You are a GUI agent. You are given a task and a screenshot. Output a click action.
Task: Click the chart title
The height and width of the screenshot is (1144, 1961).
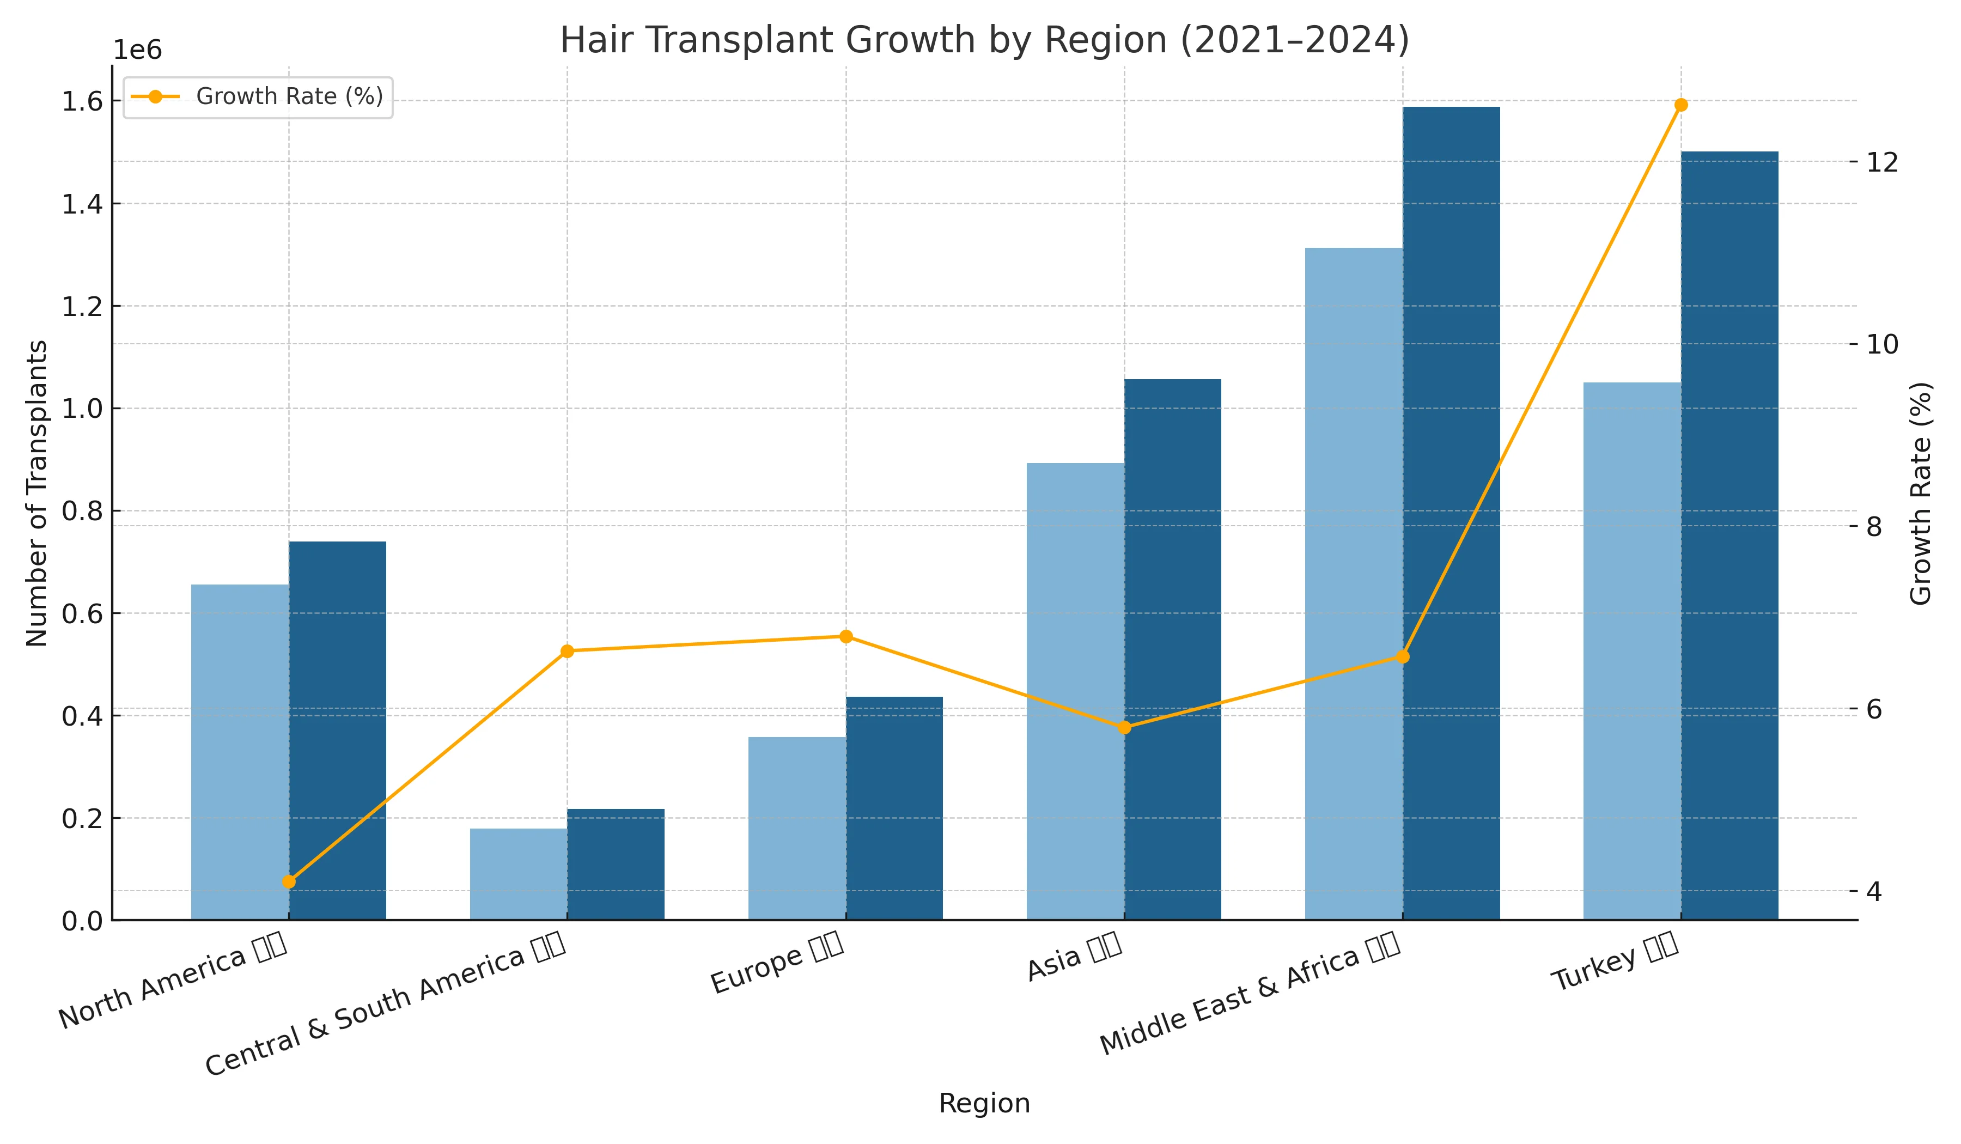[984, 40]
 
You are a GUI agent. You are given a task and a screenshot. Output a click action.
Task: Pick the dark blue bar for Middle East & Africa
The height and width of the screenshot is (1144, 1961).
[1451, 514]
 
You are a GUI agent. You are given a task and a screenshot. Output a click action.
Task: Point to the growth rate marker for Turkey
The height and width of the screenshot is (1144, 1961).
[1681, 105]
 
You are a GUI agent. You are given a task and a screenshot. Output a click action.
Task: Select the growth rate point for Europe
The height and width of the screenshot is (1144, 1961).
[846, 637]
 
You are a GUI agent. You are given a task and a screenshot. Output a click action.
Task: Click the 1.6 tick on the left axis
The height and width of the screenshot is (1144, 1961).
[82, 101]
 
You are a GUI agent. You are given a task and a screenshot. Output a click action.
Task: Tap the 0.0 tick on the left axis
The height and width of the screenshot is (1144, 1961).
[82, 921]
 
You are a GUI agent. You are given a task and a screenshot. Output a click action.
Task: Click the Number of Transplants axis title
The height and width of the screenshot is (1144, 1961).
[36, 494]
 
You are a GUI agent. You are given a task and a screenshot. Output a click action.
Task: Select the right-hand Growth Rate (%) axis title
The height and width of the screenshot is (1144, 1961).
[1921, 494]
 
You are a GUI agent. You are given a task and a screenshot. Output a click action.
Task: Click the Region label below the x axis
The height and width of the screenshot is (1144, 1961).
[984, 1104]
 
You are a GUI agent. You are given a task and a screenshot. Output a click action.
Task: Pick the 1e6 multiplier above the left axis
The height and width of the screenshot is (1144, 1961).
[138, 51]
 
